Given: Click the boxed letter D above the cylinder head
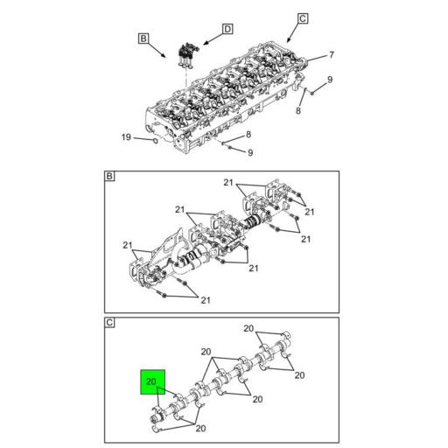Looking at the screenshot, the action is [227, 29].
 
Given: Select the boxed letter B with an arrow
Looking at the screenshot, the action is [143, 38].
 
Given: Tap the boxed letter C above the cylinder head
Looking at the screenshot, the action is [303, 18].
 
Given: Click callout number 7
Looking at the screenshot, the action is [332, 55].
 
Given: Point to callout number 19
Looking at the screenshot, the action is [126, 137].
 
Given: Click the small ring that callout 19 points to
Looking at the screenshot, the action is [156, 141].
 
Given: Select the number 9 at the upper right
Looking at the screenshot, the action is [330, 80].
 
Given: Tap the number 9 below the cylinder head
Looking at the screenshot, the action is [250, 152].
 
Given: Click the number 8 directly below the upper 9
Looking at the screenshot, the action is [298, 110].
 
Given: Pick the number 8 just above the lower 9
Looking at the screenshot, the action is [248, 134].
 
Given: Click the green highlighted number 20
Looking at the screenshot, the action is [151, 381].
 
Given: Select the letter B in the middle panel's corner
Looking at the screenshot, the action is [109, 176].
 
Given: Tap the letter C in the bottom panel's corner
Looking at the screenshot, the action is [109, 323].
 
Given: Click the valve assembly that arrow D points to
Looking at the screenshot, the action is [186, 56].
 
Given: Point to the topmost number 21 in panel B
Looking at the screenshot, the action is [228, 183].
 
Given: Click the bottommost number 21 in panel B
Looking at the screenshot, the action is [206, 300].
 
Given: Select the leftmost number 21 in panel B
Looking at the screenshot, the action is [128, 245].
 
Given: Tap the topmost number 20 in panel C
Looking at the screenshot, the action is [248, 328].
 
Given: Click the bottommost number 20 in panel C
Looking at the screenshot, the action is [200, 429].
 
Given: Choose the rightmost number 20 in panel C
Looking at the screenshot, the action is [299, 375].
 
